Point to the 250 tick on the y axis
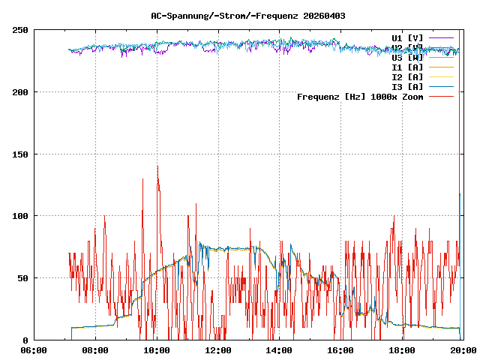(20, 30)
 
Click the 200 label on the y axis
(20, 92)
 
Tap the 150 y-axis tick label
(20, 154)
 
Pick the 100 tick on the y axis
(20, 216)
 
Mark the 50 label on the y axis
(22, 278)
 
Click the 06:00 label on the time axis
(34, 350)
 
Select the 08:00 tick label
(95, 350)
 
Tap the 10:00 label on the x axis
(157, 350)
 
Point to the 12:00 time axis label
(218, 350)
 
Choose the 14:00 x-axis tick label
(280, 350)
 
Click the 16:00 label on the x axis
(341, 350)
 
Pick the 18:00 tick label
(403, 350)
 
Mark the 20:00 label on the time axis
(464, 350)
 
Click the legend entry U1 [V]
(407, 37)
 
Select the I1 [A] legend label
(407, 67)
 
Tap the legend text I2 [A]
(407, 77)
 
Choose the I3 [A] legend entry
(407, 87)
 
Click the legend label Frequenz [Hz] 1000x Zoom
(360, 97)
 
